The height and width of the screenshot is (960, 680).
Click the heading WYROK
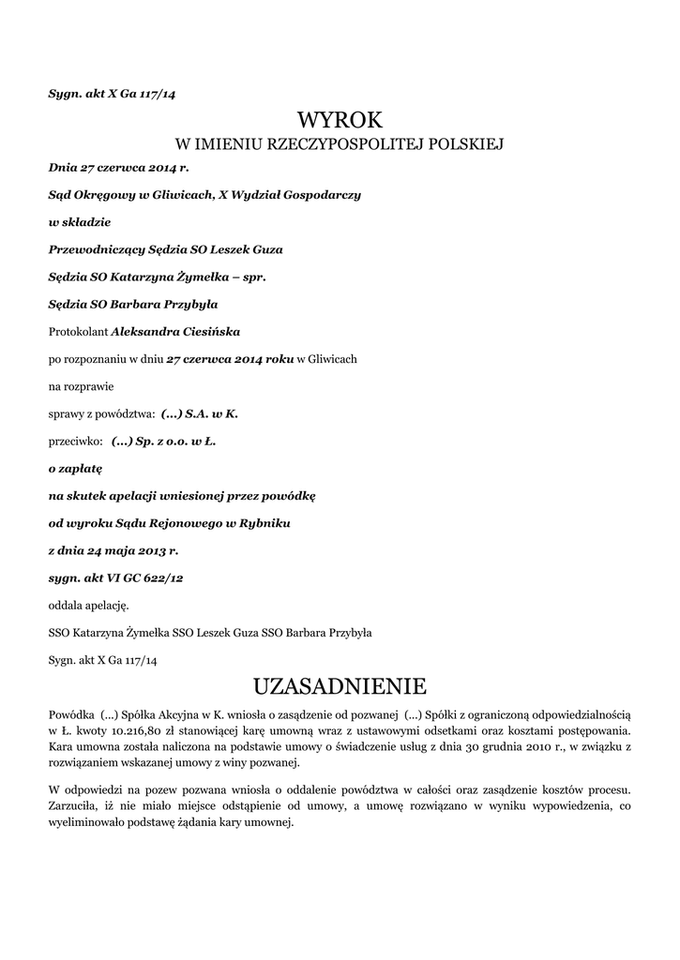tap(340, 119)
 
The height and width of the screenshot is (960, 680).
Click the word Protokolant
tap(78, 331)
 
